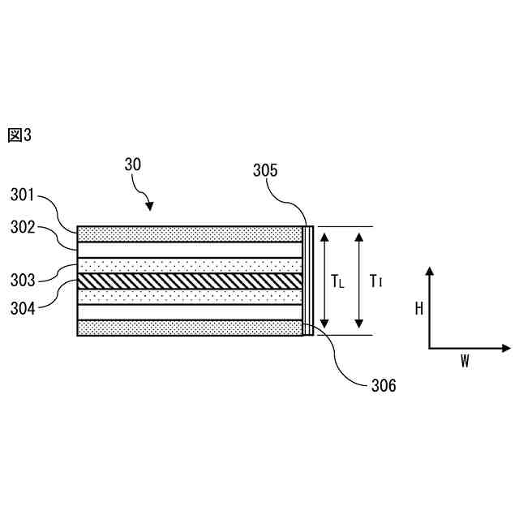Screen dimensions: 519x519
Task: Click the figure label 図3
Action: [x=19, y=135]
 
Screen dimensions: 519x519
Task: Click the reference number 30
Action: [x=133, y=164]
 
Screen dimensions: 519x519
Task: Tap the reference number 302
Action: [x=24, y=228]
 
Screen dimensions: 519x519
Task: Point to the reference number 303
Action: [x=24, y=281]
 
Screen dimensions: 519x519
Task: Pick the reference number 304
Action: [x=24, y=307]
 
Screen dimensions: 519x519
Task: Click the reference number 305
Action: [x=265, y=170]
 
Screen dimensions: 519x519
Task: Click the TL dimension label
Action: [x=337, y=281]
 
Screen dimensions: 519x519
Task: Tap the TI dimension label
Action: [x=375, y=281]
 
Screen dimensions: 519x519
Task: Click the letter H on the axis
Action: [x=418, y=308]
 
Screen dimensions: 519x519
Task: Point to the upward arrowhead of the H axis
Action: [x=430, y=271]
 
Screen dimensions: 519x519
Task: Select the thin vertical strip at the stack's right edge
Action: [x=307, y=281]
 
